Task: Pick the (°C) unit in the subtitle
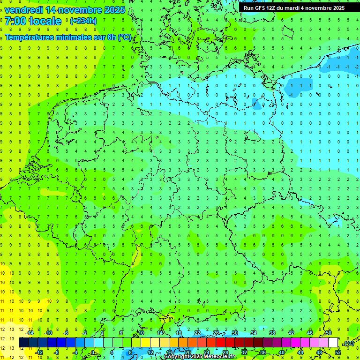(x=124, y=37)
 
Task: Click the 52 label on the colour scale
(x=338, y=352)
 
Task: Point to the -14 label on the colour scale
(x=30, y=333)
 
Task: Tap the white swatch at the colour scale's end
(x=333, y=343)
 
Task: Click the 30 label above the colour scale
(x=235, y=333)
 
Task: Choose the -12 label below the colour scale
(x=39, y=352)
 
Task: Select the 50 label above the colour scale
(x=329, y=333)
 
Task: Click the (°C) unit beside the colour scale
(x=349, y=344)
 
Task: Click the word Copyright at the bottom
(x=177, y=357)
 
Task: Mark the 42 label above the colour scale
(x=291, y=333)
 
